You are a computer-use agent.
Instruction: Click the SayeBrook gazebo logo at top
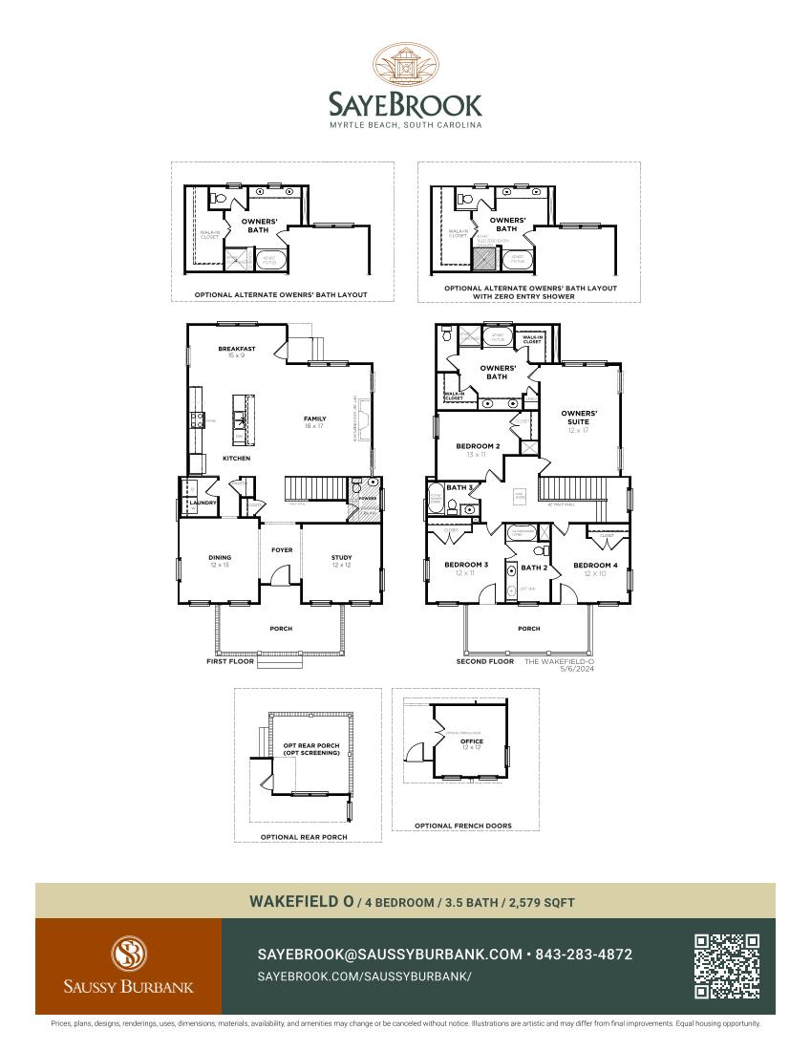pos(405,66)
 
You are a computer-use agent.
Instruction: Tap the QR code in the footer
pos(727,966)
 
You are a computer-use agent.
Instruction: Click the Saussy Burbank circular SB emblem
pos(128,953)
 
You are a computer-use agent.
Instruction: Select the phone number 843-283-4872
pos(584,954)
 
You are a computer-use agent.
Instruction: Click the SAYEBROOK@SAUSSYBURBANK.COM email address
pos(390,954)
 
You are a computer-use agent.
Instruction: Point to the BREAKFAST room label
pos(236,349)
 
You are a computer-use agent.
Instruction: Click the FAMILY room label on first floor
pos(314,418)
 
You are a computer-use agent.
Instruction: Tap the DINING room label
pos(220,557)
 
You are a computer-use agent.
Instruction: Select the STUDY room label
pos(341,557)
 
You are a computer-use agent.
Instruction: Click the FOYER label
pos(282,550)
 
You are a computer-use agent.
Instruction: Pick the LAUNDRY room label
pos(203,502)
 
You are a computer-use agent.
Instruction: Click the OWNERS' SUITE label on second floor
pos(579,418)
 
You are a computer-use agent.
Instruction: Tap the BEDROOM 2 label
pos(477,446)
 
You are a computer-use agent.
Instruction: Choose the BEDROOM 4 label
pos(595,565)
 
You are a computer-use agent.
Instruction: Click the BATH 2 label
pos(533,568)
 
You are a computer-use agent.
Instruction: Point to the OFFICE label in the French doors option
pos(472,740)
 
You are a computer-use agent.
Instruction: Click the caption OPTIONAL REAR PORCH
pos(304,836)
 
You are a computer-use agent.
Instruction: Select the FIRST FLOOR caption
pos(230,660)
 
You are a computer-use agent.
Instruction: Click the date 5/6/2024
pos(578,669)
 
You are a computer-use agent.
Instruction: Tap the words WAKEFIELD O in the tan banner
pos(302,901)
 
